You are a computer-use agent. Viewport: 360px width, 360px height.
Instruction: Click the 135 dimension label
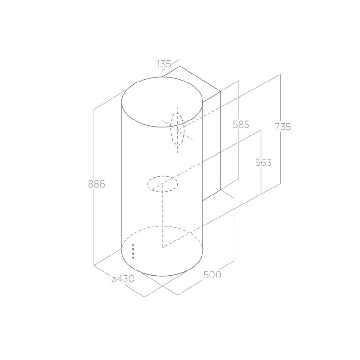click(164, 64)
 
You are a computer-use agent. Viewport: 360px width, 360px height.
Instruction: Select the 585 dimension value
click(241, 125)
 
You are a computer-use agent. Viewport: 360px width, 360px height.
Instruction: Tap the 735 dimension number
click(283, 127)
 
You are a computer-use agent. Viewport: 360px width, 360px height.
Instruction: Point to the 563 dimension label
click(263, 163)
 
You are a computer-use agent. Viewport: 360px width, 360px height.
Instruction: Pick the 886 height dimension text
click(97, 184)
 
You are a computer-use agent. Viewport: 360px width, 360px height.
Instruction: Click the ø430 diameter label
click(123, 279)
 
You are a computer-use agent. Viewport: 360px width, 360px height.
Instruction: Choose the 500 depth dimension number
click(212, 275)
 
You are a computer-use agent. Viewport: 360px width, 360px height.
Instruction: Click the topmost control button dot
click(133, 245)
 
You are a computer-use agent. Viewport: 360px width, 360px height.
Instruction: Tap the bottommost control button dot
click(133, 258)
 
